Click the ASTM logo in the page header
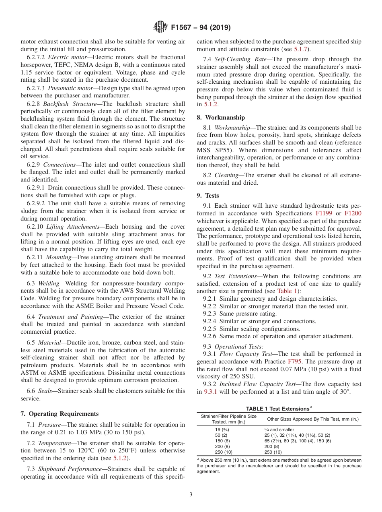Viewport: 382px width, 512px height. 160,27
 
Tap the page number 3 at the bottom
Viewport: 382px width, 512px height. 191,494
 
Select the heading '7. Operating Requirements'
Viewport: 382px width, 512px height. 60,414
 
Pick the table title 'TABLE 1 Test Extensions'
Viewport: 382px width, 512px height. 279,409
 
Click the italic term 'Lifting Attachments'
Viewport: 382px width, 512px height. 73,227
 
